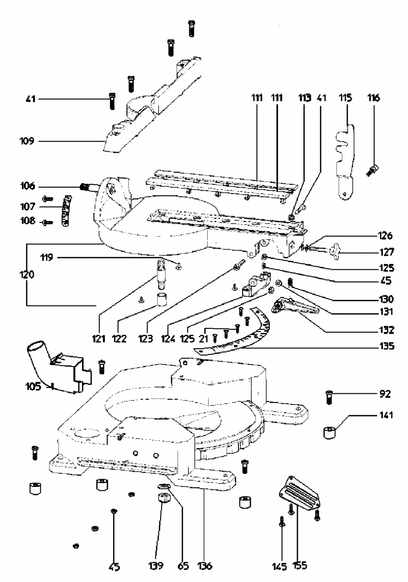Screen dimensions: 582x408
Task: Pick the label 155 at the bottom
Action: pyautogui.click(x=299, y=566)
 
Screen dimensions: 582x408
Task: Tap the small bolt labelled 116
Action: pyautogui.click(x=374, y=170)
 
